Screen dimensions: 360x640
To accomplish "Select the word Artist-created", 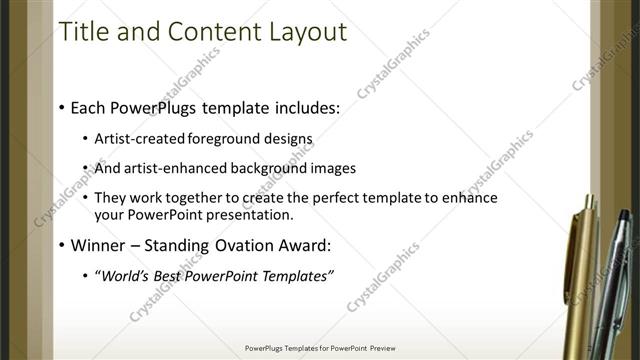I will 135,138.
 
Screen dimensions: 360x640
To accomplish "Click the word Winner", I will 98,245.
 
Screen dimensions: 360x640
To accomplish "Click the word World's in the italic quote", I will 126,276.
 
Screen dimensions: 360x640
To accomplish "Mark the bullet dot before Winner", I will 62,245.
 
